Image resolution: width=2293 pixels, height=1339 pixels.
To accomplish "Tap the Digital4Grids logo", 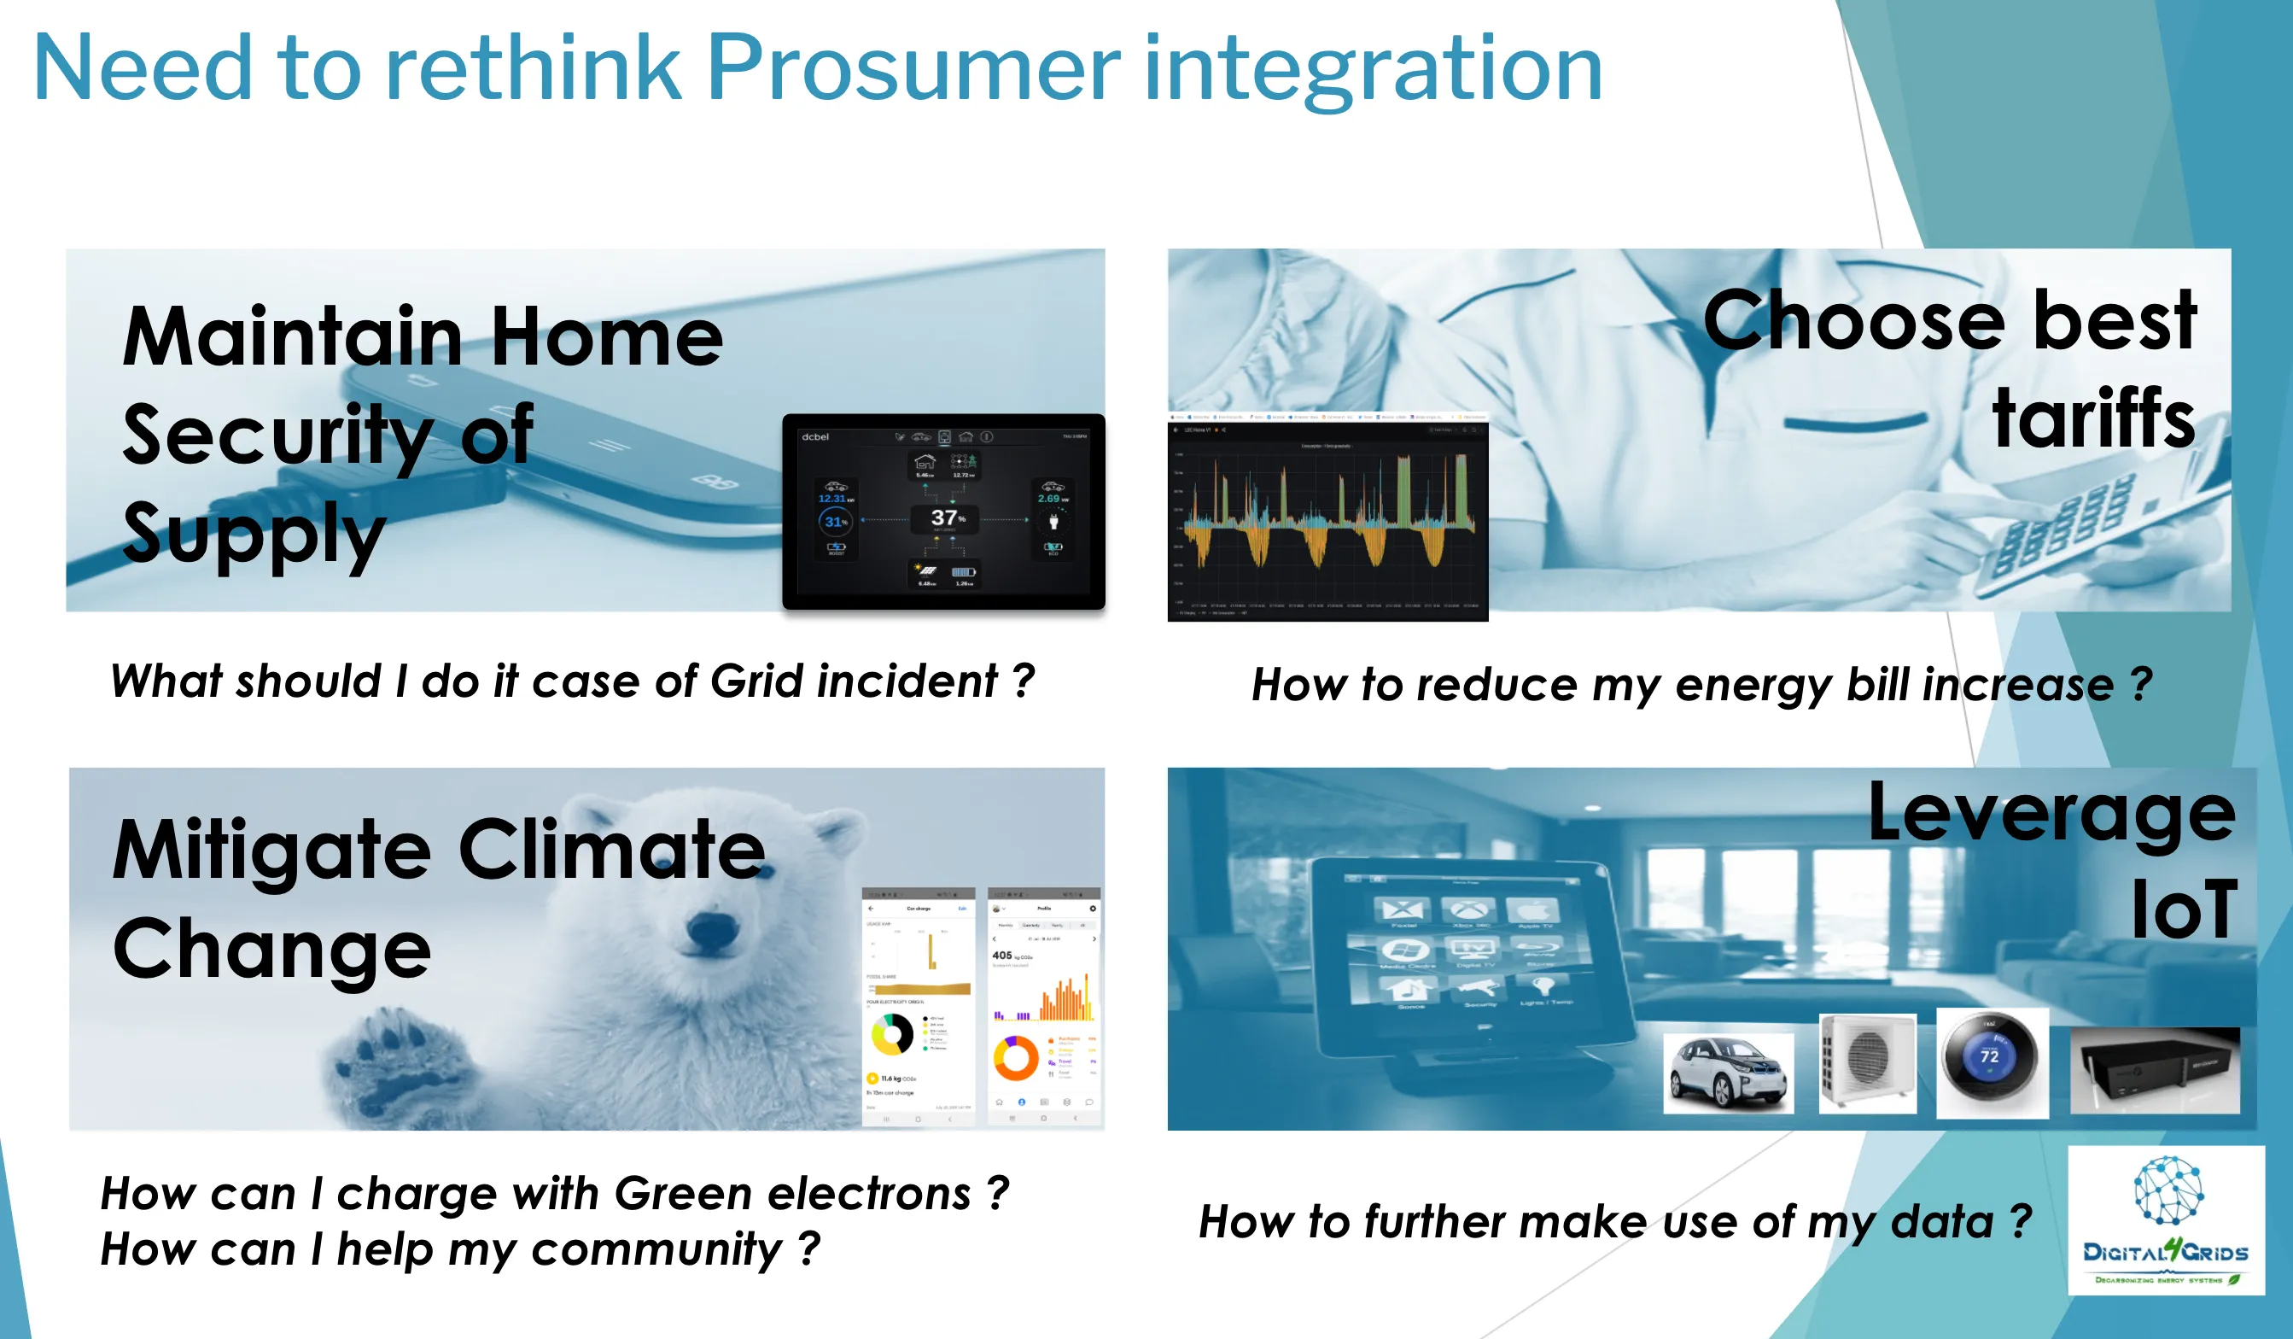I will pyautogui.click(x=2166, y=1219).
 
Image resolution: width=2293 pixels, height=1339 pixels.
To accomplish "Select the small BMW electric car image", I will pyautogui.click(x=1727, y=1073).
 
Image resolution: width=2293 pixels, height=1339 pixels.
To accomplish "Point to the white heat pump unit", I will pyautogui.click(x=1866, y=1061).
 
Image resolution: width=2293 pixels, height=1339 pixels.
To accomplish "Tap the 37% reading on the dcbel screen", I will pyautogui.click(x=945, y=518).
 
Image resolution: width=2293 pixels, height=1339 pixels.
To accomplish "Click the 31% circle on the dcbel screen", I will pyautogui.click(x=834, y=522).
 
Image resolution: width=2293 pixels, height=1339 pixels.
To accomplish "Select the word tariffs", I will pyautogui.click(x=2093, y=418).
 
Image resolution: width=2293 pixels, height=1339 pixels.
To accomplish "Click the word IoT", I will pyautogui.click(x=2184, y=910).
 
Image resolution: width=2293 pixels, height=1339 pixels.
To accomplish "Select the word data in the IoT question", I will pyautogui.click(x=1942, y=1221).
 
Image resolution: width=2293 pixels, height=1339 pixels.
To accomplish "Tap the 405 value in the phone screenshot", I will pyautogui.click(x=1002, y=955).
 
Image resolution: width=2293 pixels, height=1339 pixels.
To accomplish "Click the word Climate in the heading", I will pyautogui.click(x=611, y=851).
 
